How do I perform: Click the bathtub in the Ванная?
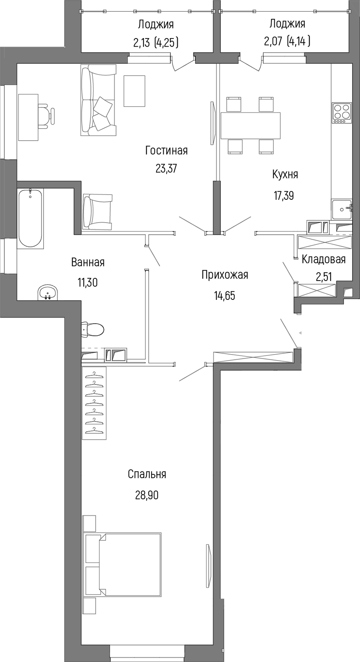click(x=31, y=219)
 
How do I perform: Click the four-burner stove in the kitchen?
click(x=341, y=113)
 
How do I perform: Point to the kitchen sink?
click(x=341, y=209)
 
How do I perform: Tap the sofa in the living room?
click(x=98, y=100)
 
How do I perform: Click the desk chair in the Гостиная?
click(x=47, y=116)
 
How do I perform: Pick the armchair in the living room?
click(x=98, y=212)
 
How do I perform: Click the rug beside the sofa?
click(x=134, y=91)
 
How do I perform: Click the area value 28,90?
click(x=147, y=495)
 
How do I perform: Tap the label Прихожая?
click(x=224, y=275)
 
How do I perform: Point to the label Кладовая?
click(x=323, y=259)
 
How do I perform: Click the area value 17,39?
click(x=284, y=196)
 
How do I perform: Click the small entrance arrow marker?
click(x=300, y=333)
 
